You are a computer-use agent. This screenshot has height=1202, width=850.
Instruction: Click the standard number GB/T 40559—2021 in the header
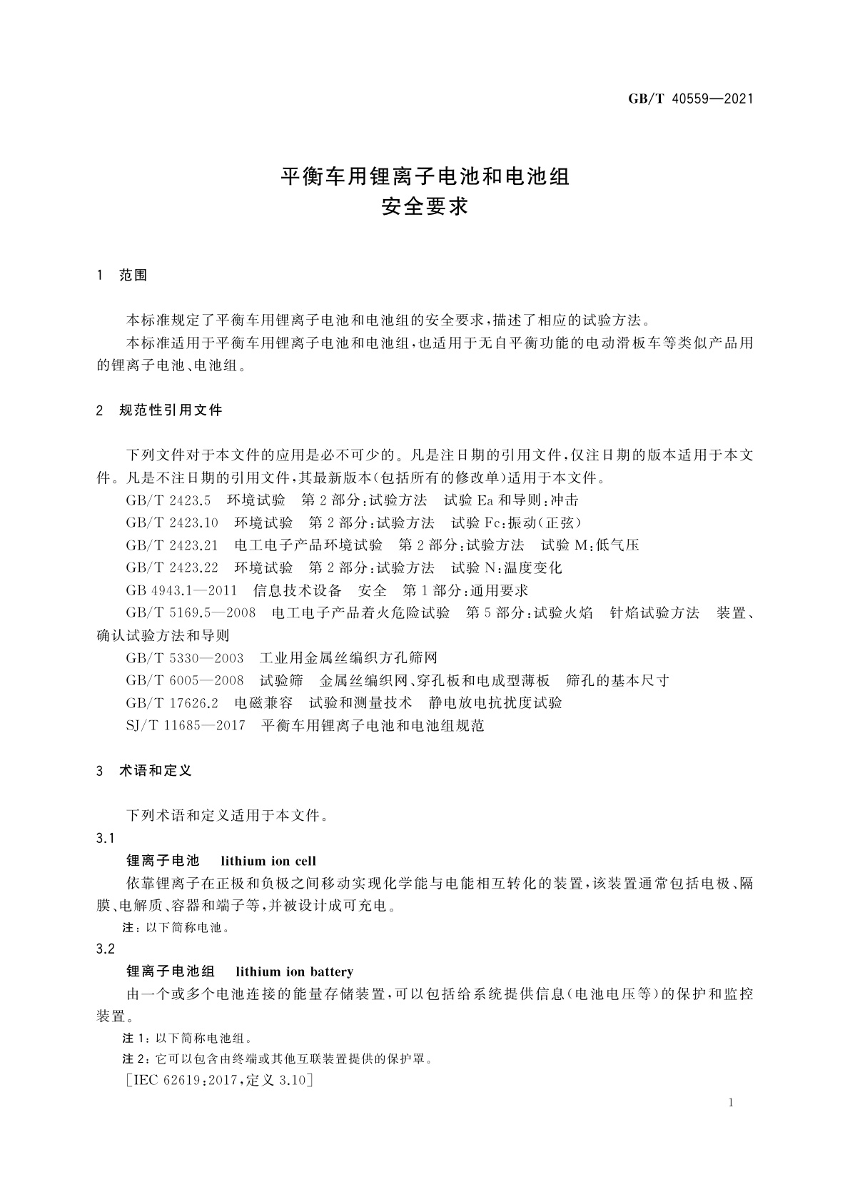[x=690, y=99]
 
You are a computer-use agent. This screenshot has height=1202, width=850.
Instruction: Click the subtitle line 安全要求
[x=425, y=206]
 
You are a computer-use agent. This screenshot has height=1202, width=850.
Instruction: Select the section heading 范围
[x=133, y=276]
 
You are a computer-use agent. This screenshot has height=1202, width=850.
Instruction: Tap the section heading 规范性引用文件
[x=171, y=410]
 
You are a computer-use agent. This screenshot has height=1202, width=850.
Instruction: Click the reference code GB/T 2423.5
[x=168, y=500]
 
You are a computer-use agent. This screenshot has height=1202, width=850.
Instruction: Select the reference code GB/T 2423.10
[x=172, y=522]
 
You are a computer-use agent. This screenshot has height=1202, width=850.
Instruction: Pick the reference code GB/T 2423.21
[x=172, y=545]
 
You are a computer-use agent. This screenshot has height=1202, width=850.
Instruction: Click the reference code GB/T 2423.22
[x=172, y=568]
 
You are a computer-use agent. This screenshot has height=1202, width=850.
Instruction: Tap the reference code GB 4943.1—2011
[x=181, y=590]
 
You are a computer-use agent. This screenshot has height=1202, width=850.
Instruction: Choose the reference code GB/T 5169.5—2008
[x=191, y=613]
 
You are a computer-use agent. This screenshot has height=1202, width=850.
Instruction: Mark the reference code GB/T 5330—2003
[x=185, y=658]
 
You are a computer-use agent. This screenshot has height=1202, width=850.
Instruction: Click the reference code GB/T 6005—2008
[x=185, y=680]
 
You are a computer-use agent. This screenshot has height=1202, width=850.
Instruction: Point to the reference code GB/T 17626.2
[x=172, y=703]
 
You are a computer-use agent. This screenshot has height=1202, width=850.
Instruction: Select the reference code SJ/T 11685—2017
[x=186, y=726]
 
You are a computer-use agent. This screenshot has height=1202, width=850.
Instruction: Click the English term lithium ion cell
[x=268, y=861]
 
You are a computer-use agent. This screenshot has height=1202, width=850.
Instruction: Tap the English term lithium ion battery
[x=294, y=971]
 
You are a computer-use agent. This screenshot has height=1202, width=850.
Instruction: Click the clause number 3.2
[x=106, y=949]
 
